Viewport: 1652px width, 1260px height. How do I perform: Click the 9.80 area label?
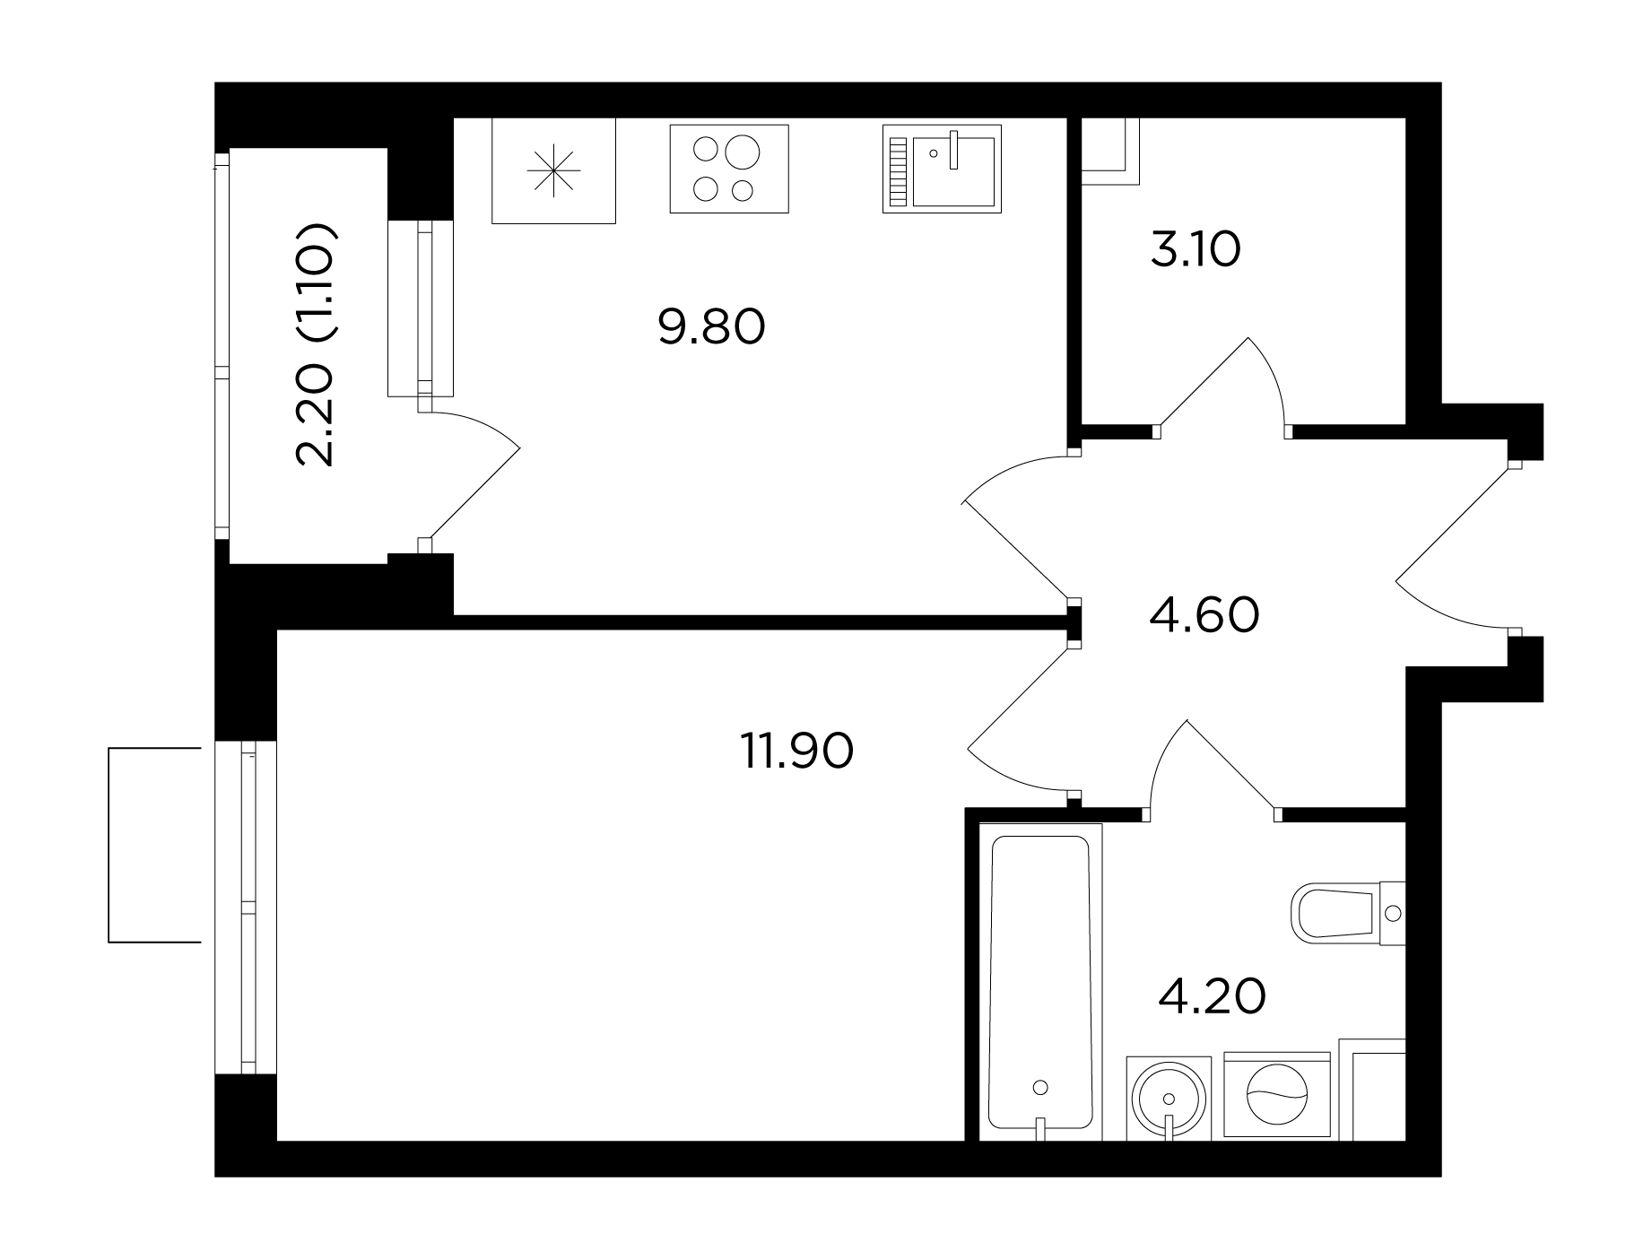point(711,327)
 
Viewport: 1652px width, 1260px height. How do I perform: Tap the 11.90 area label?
point(796,751)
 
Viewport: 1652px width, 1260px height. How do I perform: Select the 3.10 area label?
point(1196,250)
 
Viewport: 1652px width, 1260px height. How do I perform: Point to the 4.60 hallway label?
point(1204,615)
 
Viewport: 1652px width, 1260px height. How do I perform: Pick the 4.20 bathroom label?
point(1212,996)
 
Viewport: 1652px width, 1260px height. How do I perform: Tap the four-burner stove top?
point(729,169)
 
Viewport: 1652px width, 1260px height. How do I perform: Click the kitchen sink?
point(942,169)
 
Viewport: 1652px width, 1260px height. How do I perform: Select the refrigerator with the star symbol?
point(554,170)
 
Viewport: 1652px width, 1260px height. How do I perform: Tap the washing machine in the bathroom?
point(1276,1094)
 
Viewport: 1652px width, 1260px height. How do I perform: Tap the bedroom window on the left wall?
point(247,907)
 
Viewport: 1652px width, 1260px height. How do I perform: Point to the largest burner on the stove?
point(742,152)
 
